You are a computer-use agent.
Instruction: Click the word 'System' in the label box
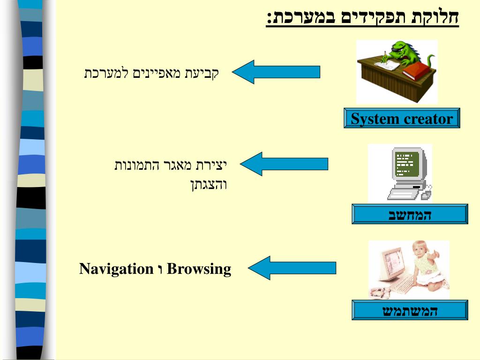pyautogui.click(x=373, y=119)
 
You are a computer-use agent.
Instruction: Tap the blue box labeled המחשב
pyautogui.click(x=410, y=214)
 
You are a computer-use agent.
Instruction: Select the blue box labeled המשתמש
pyautogui.click(x=410, y=310)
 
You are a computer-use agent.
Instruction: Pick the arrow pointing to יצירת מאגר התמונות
pyautogui.click(x=284, y=164)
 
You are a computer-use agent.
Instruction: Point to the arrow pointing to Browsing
pyautogui.click(x=292, y=268)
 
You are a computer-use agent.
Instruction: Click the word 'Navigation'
pyautogui.click(x=116, y=269)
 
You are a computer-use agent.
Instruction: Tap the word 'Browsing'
pyautogui.click(x=199, y=269)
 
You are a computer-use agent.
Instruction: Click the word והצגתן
pyautogui.click(x=209, y=184)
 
